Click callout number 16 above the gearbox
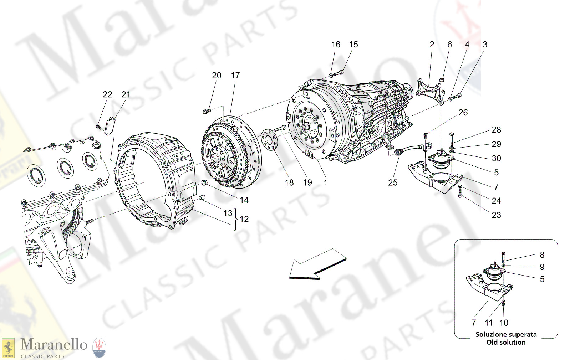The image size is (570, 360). click(336, 45)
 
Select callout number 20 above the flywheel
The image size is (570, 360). click(217, 76)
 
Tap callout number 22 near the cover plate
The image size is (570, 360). click(107, 94)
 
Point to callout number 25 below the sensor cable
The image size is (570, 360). click(392, 182)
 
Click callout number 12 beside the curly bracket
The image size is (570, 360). click(244, 219)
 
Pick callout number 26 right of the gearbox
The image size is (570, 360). click(463, 113)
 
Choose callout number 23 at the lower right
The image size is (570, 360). click(496, 215)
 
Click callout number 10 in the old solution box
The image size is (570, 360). click(504, 323)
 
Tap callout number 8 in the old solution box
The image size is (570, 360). click(542, 255)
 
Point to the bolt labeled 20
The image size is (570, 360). click(205, 112)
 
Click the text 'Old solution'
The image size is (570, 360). click(506, 342)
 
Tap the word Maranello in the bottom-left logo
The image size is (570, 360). click(54, 345)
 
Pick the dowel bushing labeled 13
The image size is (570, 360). click(202, 197)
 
